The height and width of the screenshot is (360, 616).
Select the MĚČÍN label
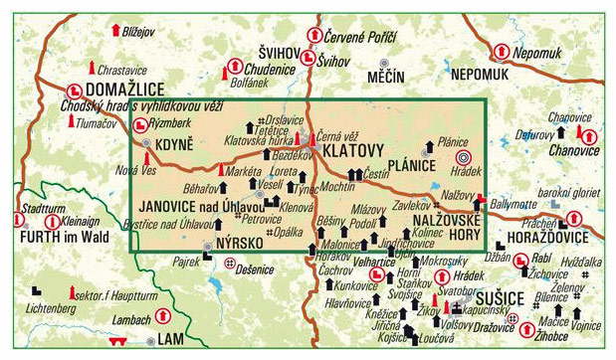385,76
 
